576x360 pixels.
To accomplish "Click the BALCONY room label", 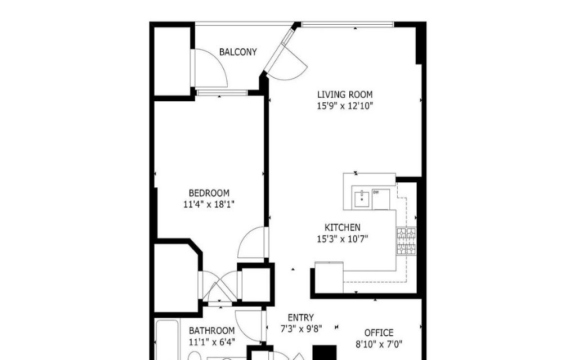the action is coord(238,52).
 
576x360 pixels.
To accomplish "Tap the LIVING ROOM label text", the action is coord(345,94).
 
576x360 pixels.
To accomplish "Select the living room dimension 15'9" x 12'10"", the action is coord(345,106).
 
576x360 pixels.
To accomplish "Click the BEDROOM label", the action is coord(209,193).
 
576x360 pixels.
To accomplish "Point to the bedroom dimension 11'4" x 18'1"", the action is coord(209,204).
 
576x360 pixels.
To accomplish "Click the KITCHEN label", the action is coord(343,227).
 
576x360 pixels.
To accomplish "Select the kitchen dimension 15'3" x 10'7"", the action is coord(343,239).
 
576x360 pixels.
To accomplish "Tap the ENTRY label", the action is coord(300,317).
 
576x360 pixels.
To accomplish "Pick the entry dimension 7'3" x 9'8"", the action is coord(301,328).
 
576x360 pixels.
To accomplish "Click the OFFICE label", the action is coord(379,333).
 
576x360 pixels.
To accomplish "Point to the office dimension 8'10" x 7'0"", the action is coord(379,344).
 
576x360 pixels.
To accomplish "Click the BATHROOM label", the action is coord(211,331).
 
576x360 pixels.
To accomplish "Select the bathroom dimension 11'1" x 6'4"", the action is coord(211,342).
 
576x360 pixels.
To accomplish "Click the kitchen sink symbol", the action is coord(362,199).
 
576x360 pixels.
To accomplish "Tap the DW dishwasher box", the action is coord(381,200).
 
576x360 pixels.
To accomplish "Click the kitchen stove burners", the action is coord(406,241).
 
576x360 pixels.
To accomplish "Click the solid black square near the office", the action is coord(325,353).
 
